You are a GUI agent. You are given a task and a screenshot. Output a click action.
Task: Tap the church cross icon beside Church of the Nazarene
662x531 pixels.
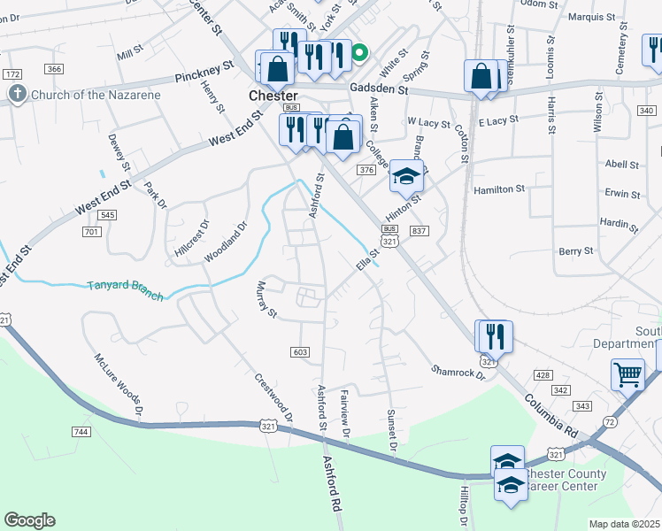[x=16, y=94]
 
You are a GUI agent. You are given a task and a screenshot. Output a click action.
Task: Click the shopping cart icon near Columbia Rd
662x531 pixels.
[x=627, y=373]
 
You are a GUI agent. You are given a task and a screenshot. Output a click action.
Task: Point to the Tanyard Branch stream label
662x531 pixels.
[x=125, y=290]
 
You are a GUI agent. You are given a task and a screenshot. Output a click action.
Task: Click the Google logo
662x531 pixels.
[x=29, y=520]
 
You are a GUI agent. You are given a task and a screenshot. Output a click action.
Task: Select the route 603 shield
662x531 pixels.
[x=300, y=352]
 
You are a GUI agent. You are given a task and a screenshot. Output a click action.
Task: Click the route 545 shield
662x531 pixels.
[x=109, y=215]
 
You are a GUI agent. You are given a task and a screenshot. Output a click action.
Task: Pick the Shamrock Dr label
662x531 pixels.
[x=458, y=373]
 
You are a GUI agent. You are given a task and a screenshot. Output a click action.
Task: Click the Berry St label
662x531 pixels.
[x=576, y=251]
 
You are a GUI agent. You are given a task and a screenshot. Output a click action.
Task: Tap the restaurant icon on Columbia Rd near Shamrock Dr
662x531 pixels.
[x=494, y=336]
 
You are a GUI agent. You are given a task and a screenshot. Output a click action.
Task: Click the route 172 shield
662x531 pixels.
[x=12, y=73]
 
